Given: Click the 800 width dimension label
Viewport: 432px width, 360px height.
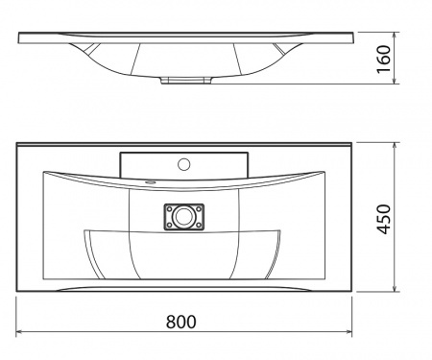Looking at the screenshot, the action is (180, 322).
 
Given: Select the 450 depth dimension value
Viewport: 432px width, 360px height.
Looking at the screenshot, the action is (383, 219).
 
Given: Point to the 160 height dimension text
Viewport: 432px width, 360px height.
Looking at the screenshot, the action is (384, 60).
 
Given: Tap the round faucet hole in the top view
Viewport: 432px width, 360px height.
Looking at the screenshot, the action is (184, 164).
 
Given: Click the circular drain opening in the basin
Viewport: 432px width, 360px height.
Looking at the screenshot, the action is (183, 217).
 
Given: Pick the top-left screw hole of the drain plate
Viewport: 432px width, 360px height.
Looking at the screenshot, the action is (169, 208).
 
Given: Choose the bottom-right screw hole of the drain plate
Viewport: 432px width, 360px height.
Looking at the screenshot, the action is (199, 226).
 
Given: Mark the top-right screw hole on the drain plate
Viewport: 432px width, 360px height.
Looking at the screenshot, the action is (199, 208).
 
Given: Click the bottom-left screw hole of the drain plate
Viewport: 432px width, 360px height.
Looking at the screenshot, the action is (169, 226).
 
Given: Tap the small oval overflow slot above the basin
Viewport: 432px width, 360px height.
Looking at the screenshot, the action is (150, 182).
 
